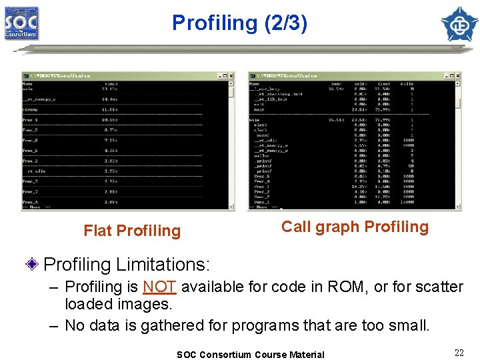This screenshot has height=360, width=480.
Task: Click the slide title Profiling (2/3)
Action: click(x=239, y=23)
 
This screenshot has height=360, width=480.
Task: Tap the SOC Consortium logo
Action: click(x=22, y=23)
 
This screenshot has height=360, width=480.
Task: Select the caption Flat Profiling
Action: click(x=132, y=231)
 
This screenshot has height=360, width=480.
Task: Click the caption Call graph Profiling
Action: click(x=355, y=227)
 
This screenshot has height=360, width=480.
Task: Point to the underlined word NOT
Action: click(x=159, y=287)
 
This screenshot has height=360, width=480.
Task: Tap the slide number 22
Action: click(x=459, y=353)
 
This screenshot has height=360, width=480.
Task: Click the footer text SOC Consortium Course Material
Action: click(x=250, y=355)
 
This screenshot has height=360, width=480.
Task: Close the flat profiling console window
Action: click(x=231, y=75)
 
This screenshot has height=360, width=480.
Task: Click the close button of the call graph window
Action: click(x=457, y=75)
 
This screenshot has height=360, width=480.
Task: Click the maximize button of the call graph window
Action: click(x=451, y=75)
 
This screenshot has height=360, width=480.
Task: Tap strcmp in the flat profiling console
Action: click(x=31, y=109)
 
